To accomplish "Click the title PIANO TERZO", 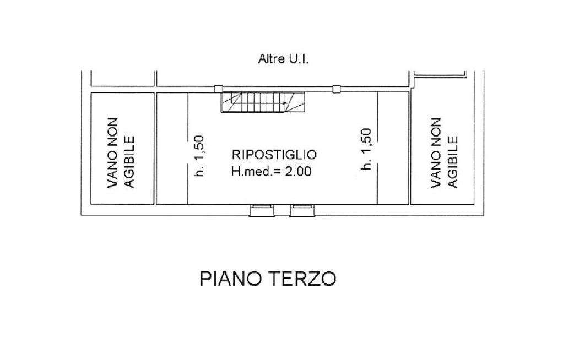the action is point(268,279).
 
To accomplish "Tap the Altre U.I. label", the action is point(283,59).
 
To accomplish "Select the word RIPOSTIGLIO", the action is point(274,155).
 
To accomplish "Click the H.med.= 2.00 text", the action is point(272,172).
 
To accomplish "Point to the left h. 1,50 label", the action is point(198,156).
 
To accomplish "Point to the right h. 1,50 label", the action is point(366,149).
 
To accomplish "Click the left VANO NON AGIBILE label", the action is point(121,152).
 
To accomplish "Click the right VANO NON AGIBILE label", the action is point(445,152).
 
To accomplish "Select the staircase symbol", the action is point(262,102).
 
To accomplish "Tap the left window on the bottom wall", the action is point(262,210).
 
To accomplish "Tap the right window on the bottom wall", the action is point(302,210).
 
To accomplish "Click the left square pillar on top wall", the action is point(218,89).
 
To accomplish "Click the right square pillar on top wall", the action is point(337,89).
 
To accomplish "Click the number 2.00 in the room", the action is point(298,172).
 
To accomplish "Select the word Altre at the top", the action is point(272,59).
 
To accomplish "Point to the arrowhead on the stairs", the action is point(285,103).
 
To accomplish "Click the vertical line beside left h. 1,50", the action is point(188,148).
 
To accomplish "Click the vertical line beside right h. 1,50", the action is point(377,148).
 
